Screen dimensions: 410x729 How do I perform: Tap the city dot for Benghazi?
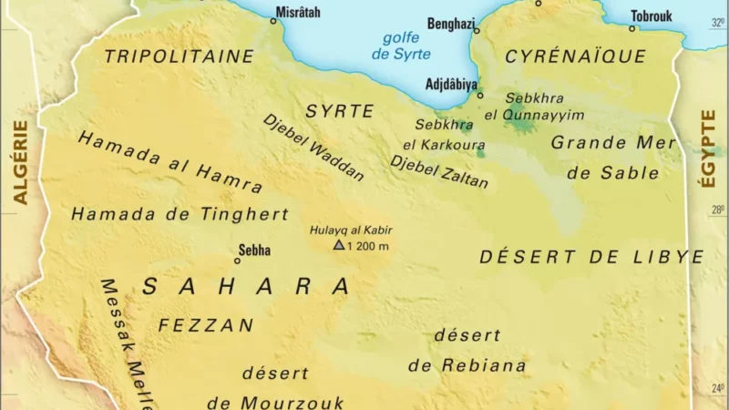[x=476, y=31]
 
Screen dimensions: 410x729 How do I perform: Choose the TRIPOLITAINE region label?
[x=179, y=56]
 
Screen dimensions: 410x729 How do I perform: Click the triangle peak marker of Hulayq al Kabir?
[x=339, y=245]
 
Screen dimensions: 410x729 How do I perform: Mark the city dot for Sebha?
[x=238, y=261]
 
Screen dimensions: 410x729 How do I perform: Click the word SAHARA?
[x=246, y=286]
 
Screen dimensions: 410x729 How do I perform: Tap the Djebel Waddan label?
[x=313, y=148]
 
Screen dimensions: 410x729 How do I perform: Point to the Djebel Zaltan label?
[x=439, y=171]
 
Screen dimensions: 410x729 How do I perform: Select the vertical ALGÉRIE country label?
[x=20, y=162]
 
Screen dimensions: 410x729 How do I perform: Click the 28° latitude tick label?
[x=719, y=210]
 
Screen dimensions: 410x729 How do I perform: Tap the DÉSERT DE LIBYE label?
[x=591, y=257]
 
